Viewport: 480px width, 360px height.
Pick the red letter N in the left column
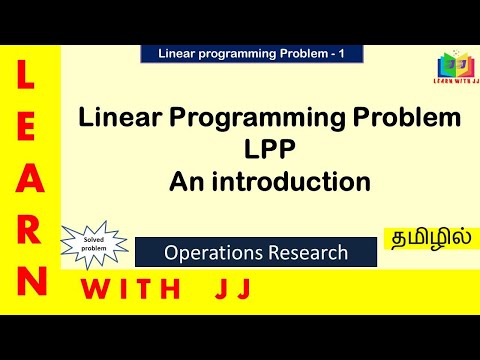30,280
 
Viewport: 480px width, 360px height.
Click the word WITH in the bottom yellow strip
139,290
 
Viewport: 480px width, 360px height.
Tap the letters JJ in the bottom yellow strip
229,290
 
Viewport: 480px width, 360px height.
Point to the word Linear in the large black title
120,120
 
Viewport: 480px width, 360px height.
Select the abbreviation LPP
270,151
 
